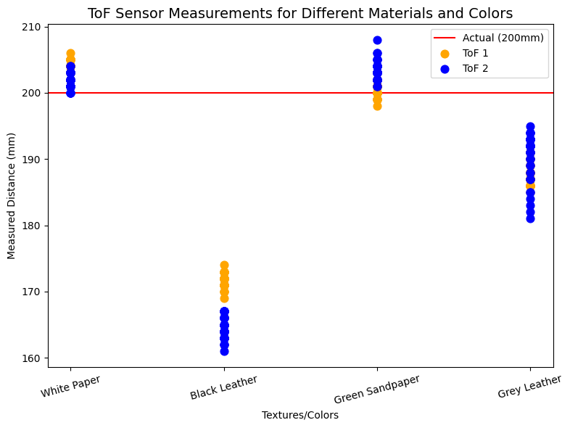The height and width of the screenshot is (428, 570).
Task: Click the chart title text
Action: tap(300, 13)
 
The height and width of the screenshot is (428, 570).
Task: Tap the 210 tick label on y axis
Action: tap(33, 27)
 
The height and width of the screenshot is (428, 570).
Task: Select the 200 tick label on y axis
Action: tap(33, 93)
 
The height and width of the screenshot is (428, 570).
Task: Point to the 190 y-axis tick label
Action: tap(33, 160)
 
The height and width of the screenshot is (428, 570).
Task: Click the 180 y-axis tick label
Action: tap(33, 226)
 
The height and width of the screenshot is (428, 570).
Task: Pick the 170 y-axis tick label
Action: tap(33, 292)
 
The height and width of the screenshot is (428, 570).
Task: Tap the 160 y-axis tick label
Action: tap(33, 358)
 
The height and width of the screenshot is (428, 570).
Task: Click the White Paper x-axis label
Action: tap(70, 387)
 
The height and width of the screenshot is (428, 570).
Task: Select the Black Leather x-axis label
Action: tap(223, 387)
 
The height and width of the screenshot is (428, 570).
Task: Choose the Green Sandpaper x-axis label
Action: tap(377, 389)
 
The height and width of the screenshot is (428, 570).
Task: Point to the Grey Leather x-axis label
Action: tap(529, 387)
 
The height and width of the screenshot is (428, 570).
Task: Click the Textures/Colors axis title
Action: tap(300, 416)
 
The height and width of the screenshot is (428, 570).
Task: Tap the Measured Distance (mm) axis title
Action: tap(12, 195)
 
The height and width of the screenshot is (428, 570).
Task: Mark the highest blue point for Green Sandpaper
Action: tap(377, 40)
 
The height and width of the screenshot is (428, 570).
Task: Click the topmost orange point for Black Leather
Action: tap(224, 266)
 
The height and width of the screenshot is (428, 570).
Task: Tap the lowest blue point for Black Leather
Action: tap(224, 351)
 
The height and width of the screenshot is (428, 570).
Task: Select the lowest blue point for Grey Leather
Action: tap(530, 218)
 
